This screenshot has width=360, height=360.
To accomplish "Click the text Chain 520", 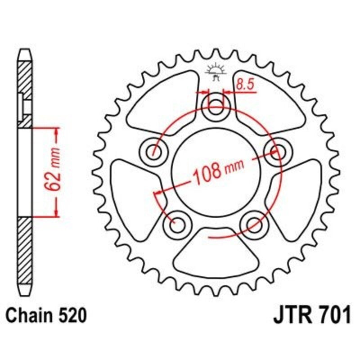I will click(x=44, y=315).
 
